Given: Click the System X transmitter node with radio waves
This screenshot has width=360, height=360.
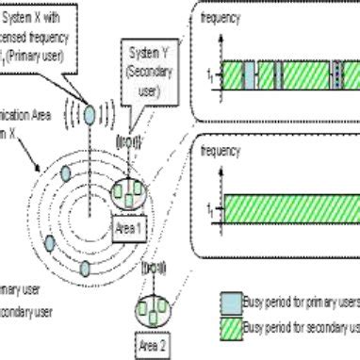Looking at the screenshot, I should [90, 114].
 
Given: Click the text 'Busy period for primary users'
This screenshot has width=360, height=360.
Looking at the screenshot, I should [302, 303].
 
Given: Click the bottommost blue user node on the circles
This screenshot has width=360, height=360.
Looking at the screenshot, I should [84, 270].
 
